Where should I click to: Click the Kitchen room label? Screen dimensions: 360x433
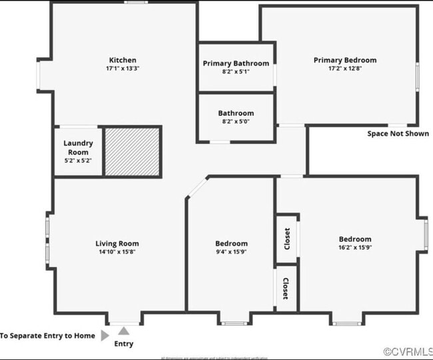tap(123, 60)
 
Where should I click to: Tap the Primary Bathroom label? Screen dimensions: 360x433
tap(236, 63)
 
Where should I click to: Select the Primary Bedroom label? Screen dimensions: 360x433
tap(344, 60)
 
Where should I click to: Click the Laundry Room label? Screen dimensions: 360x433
tap(78, 147)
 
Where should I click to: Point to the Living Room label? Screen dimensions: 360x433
tap(117, 243)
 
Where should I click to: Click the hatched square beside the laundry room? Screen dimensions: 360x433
tap(133, 151)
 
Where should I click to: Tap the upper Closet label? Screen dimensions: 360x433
tap(286, 239)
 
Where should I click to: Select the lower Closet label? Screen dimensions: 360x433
tap(286, 289)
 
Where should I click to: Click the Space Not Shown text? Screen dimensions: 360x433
tap(398, 133)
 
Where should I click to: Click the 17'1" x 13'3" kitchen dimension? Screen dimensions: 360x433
tap(123, 69)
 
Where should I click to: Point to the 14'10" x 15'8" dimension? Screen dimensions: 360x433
tap(117, 252)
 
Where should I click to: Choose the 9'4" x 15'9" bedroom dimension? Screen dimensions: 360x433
tap(231, 252)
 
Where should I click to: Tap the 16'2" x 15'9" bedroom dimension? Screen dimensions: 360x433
tap(354, 248)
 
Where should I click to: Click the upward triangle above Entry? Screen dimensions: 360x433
tap(124, 330)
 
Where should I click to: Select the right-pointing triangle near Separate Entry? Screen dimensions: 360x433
tap(105, 336)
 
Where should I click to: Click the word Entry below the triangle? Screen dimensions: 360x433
tap(124, 344)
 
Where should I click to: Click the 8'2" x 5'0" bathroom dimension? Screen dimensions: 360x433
tap(236, 122)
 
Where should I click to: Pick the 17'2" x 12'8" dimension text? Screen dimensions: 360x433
tap(344, 68)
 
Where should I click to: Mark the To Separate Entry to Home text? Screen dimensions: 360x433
tap(47, 336)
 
